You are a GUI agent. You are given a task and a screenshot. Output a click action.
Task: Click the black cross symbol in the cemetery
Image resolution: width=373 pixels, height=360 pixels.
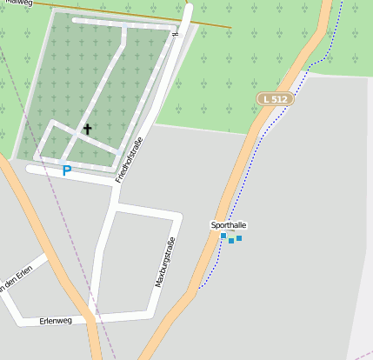[87, 130]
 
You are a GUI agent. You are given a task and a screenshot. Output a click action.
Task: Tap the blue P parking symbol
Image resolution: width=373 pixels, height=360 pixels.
[67, 171]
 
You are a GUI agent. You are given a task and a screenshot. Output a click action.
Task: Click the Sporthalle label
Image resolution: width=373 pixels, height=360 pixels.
[229, 224]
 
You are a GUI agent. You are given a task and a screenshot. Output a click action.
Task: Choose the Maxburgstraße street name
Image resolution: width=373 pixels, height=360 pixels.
[164, 263]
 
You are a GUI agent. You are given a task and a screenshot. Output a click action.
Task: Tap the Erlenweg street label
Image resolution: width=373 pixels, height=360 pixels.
[56, 321]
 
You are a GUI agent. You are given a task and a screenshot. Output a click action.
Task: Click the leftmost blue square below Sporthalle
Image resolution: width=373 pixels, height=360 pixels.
[223, 236]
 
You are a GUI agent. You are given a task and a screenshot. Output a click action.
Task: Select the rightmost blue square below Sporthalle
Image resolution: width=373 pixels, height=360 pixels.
[239, 237]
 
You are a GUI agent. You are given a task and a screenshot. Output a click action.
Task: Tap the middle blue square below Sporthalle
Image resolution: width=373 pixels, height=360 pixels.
[231, 240]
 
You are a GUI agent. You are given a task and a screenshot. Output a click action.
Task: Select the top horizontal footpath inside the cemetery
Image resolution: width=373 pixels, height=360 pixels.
[122, 24]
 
